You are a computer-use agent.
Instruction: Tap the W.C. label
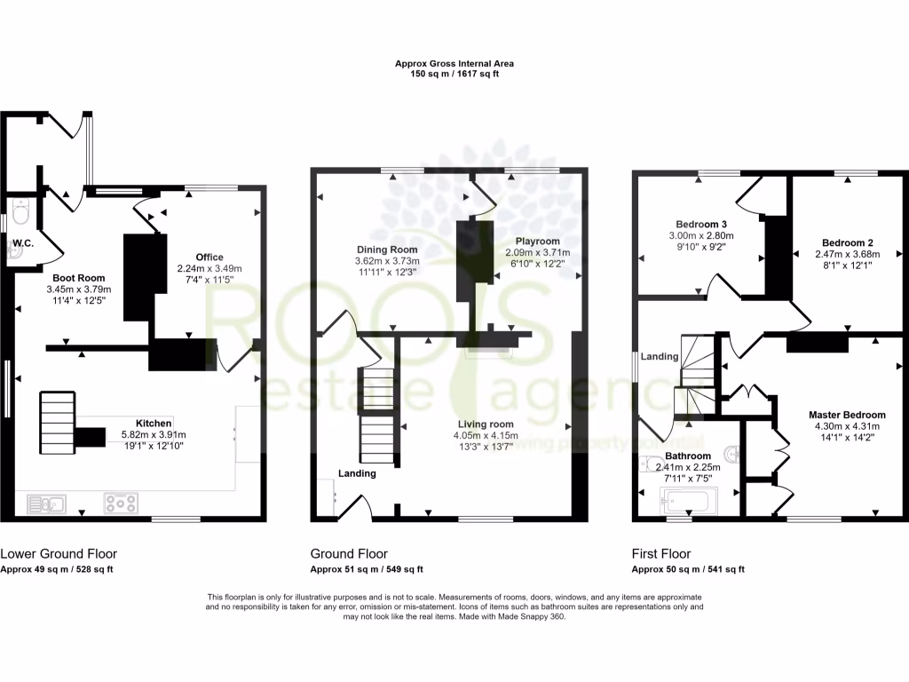pyautogui.click(x=22, y=242)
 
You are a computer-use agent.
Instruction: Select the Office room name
pyautogui.click(x=209, y=258)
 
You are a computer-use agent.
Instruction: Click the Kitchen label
pyautogui.click(x=153, y=423)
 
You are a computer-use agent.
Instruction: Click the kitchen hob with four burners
pyautogui.click(x=121, y=504)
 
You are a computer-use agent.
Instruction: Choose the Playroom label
pyautogui.click(x=538, y=242)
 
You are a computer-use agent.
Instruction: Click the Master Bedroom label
pyautogui.click(x=847, y=415)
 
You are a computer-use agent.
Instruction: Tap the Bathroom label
pyautogui.click(x=687, y=457)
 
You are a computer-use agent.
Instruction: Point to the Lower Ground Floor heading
pyautogui.click(x=58, y=554)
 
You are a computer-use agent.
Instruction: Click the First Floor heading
pyautogui.click(x=660, y=554)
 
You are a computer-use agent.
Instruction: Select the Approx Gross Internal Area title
pyautogui.click(x=454, y=64)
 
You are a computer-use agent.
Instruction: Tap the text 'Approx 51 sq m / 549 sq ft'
pyautogui.click(x=366, y=569)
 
